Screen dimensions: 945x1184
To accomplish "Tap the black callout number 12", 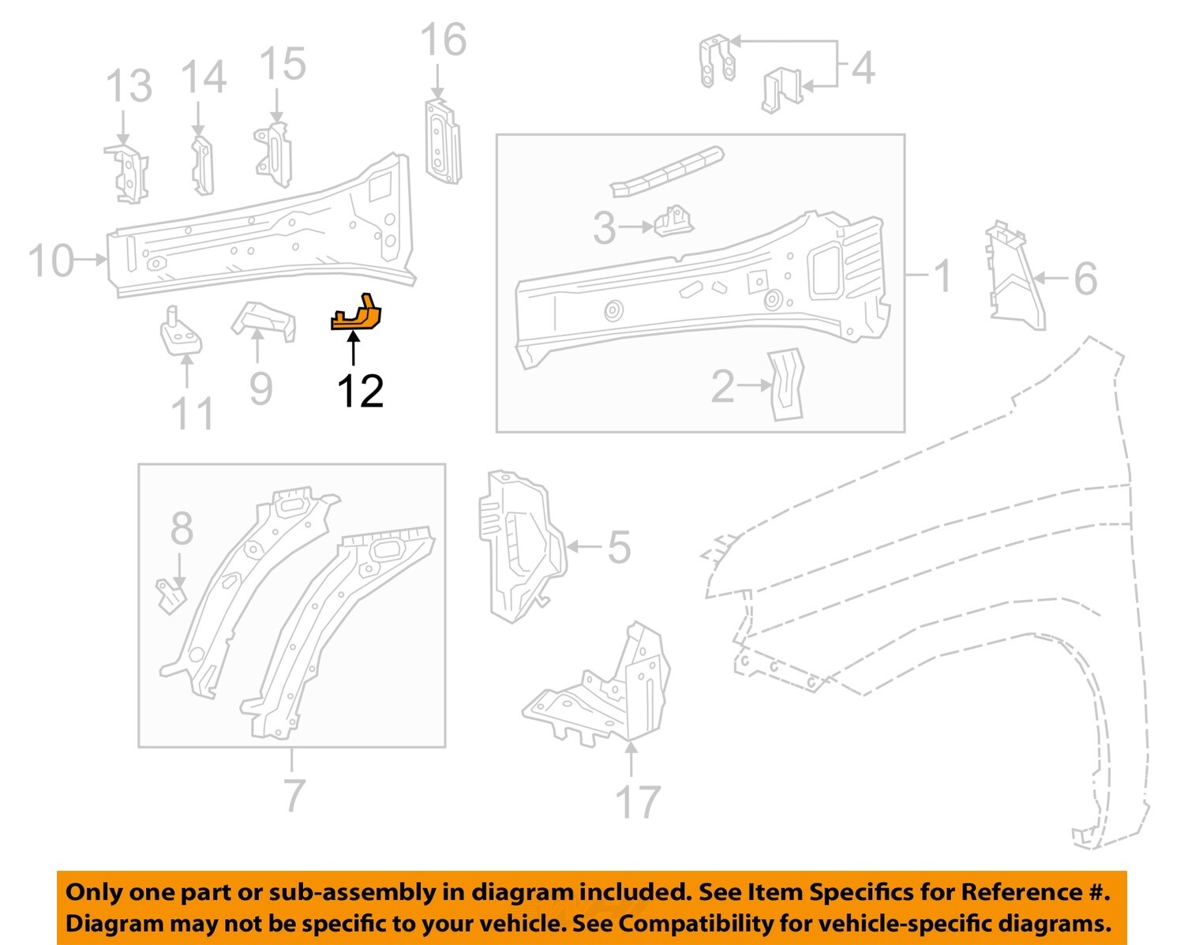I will pos(360,392).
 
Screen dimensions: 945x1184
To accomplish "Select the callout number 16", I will pos(443,40).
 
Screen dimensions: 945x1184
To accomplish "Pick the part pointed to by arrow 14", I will pos(203,165).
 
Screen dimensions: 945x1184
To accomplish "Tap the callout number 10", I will pos(51,261).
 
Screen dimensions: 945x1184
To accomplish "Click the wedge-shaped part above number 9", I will pos(264,321).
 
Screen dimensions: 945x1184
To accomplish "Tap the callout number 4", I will pos(863,68).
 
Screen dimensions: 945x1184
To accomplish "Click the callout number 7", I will pos(294,795).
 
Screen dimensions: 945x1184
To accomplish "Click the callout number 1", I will pos(942,276).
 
